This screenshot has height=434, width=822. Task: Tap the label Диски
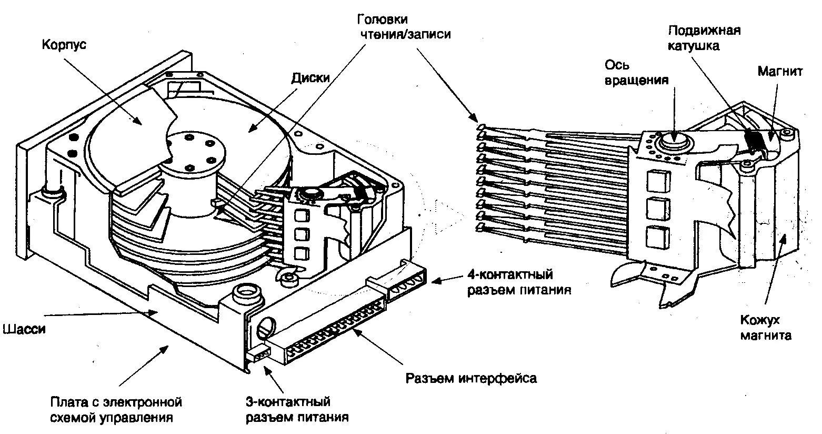click(x=310, y=77)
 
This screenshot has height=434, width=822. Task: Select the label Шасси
click(x=24, y=329)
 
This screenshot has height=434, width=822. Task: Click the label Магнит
click(x=780, y=71)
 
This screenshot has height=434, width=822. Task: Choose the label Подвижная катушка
click(x=704, y=37)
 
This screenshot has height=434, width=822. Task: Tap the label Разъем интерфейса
click(x=471, y=378)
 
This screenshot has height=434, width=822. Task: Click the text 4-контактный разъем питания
click(x=518, y=282)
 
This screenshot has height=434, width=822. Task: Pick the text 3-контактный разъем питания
click(x=297, y=410)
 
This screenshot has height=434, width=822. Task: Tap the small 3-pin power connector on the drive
click(x=258, y=354)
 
